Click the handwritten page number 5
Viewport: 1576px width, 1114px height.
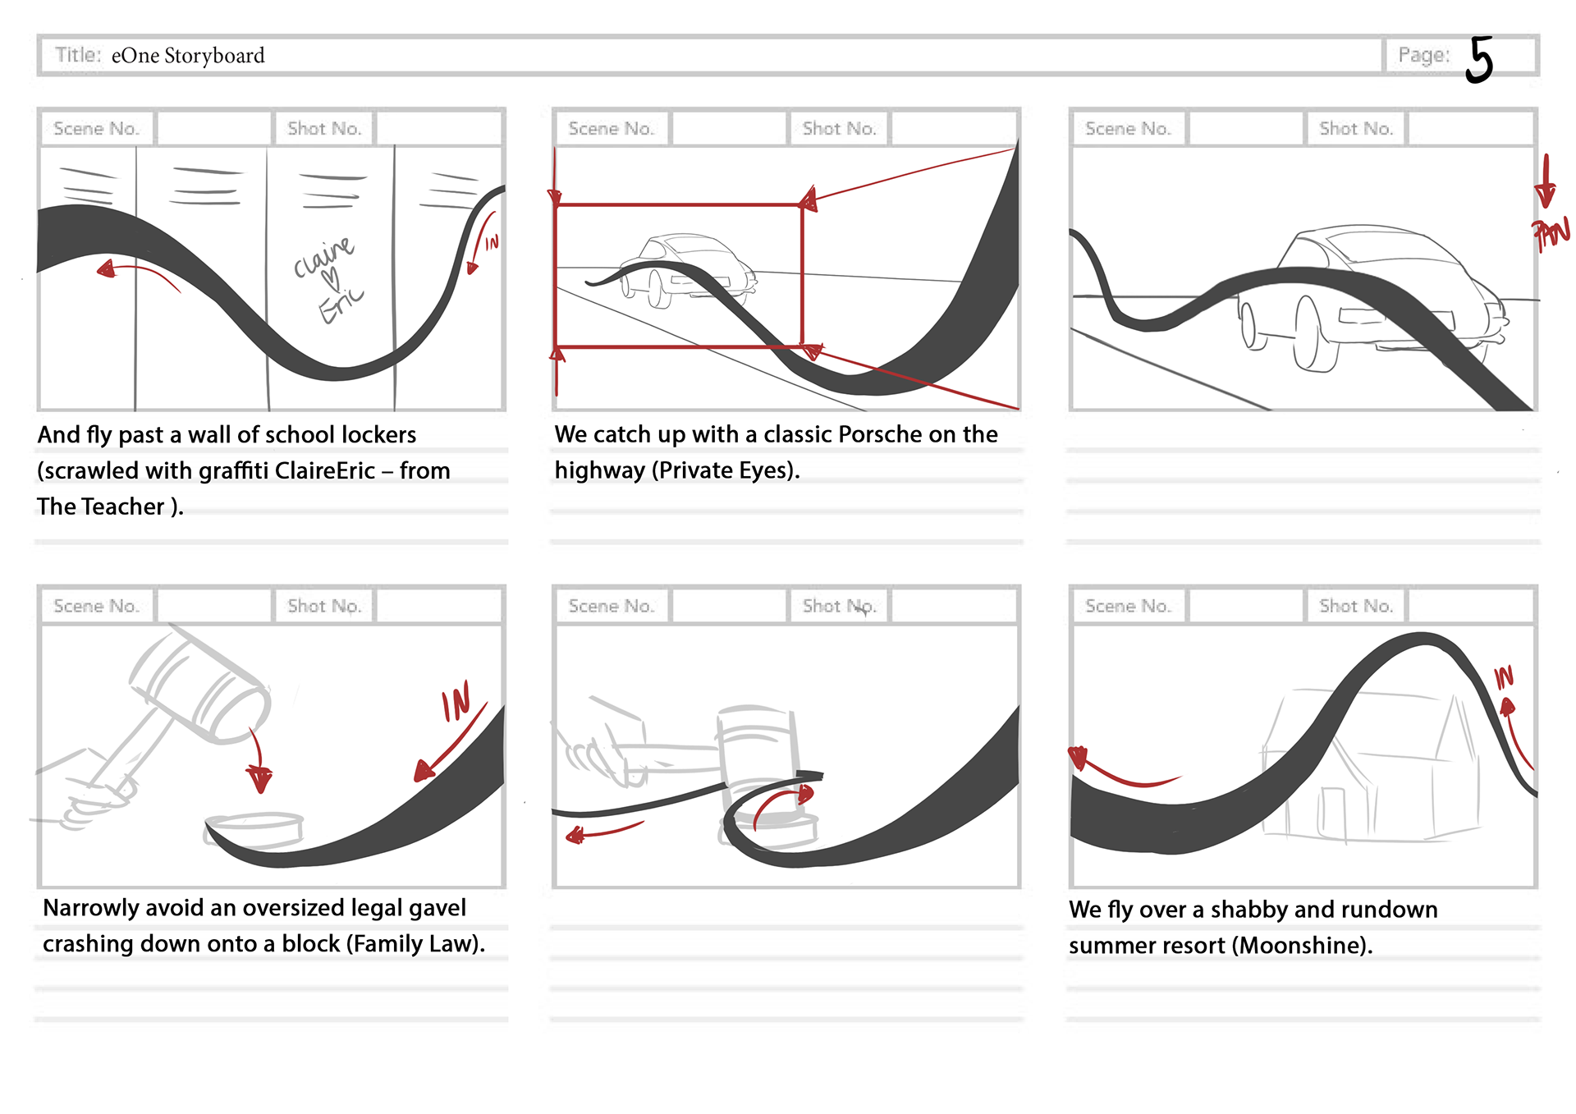1479,59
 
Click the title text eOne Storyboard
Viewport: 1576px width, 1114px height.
188,56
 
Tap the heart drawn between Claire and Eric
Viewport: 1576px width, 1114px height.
330,278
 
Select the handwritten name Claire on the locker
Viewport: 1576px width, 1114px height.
323,257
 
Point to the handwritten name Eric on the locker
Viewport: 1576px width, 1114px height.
340,305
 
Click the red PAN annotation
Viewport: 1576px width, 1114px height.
1551,234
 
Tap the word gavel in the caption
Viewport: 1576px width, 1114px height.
438,908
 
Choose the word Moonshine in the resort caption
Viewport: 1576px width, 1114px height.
1299,946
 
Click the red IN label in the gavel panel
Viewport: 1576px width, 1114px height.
456,702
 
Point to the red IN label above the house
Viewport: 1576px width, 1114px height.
1503,677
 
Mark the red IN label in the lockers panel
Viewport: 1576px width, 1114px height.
492,243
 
